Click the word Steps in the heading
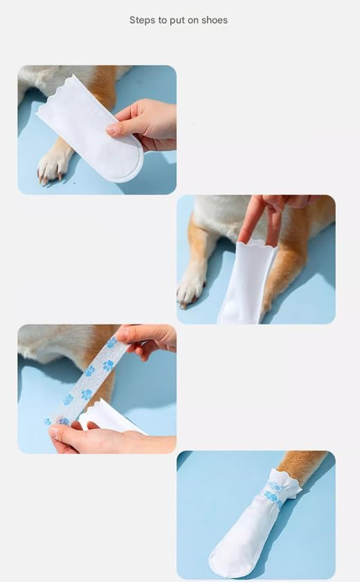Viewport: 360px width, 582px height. pos(140,20)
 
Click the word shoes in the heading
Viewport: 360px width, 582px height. pos(215,20)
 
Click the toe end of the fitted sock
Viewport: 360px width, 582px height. pos(225,558)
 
